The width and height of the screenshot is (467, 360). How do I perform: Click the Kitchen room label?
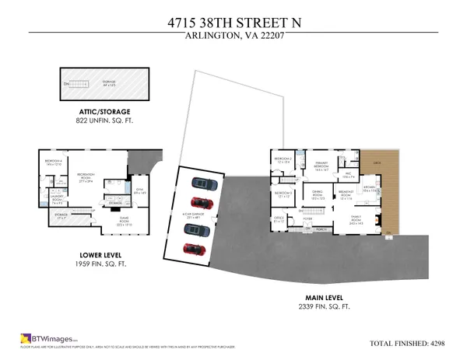[x=369, y=187]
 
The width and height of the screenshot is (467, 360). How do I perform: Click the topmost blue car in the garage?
[x=204, y=185]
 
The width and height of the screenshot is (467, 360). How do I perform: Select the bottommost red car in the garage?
[x=192, y=250]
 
